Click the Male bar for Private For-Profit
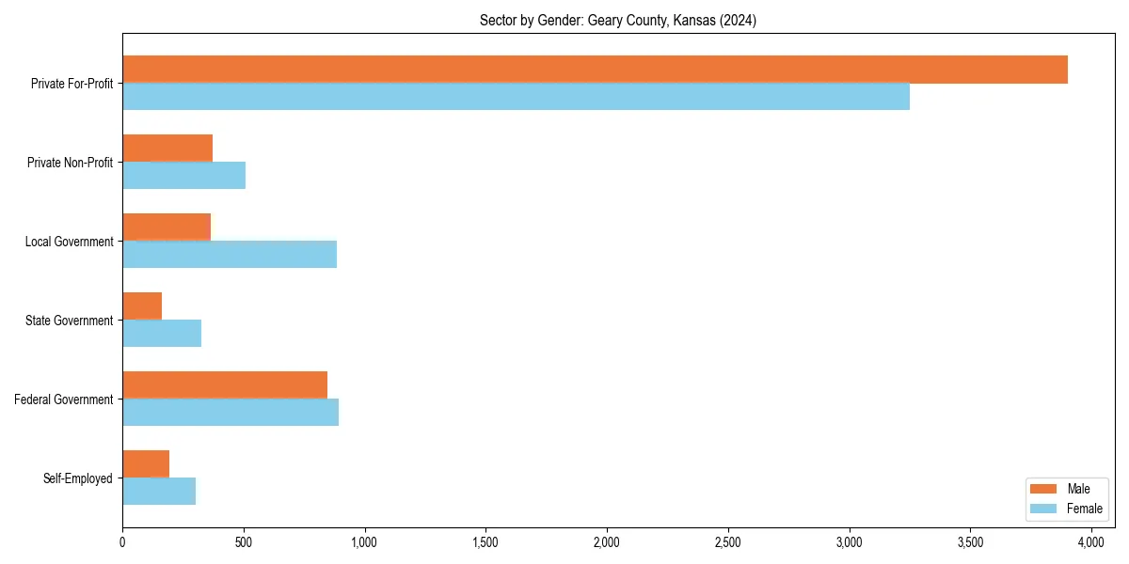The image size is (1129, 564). click(x=595, y=70)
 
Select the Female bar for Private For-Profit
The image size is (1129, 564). click(x=516, y=97)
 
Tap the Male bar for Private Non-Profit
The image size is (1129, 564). click(x=167, y=149)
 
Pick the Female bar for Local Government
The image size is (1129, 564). click(x=230, y=255)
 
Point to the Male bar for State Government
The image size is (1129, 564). click(x=142, y=306)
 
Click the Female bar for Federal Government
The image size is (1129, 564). click(x=231, y=413)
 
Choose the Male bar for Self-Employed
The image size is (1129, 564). click(x=146, y=464)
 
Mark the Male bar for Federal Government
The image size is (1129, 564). click(x=225, y=385)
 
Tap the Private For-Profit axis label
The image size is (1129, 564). click(x=72, y=84)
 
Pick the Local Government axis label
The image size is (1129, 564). click(x=69, y=242)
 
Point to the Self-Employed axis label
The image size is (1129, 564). click(x=78, y=478)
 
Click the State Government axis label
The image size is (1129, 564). click(x=70, y=321)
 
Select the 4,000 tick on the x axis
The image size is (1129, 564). click(x=1091, y=542)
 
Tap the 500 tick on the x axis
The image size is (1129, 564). click(x=244, y=542)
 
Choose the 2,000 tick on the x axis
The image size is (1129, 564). click(x=607, y=542)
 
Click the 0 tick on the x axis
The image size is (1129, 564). click(x=122, y=542)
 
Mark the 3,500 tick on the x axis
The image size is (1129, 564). click(x=970, y=542)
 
